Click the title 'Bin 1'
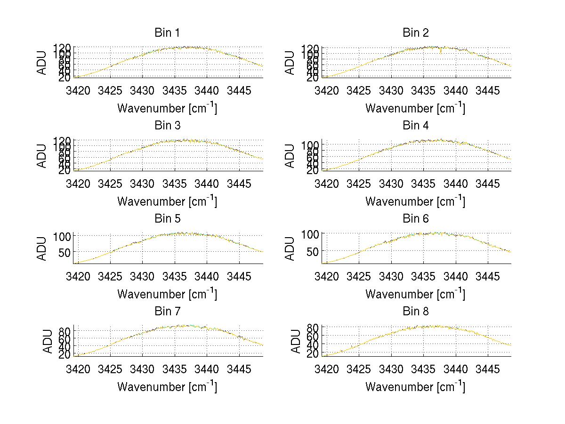coord(167,33)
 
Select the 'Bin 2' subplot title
coord(415,33)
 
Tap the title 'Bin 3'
coord(167,126)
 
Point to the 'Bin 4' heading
coord(415,126)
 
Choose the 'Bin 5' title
coord(167,219)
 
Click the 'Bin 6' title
coord(415,219)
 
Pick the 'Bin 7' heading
coord(167,312)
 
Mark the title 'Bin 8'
coord(415,312)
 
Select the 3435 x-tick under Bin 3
coord(175,183)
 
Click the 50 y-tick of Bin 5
coord(65,252)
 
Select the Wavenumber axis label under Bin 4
coord(415,201)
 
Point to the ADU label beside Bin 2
coord(291,63)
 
